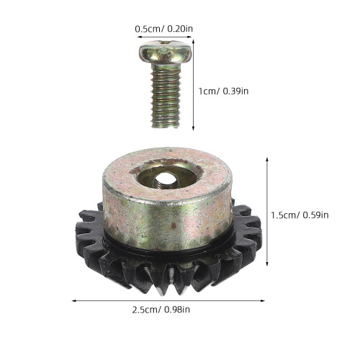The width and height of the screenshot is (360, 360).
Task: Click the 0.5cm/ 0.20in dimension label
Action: tap(163, 29)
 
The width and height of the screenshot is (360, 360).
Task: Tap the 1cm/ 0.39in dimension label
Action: tap(223, 91)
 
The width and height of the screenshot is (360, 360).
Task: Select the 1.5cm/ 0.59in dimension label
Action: tap(300, 215)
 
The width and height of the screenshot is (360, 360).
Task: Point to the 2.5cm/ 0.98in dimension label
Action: tap(161, 310)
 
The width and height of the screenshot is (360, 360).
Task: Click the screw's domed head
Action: tap(166, 53)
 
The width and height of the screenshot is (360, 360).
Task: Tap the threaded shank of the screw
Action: tap(166, 95)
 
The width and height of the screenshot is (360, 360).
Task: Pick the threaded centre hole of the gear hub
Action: tap(165, 179)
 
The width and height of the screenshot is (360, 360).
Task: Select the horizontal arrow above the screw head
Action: tap(164, 37)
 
